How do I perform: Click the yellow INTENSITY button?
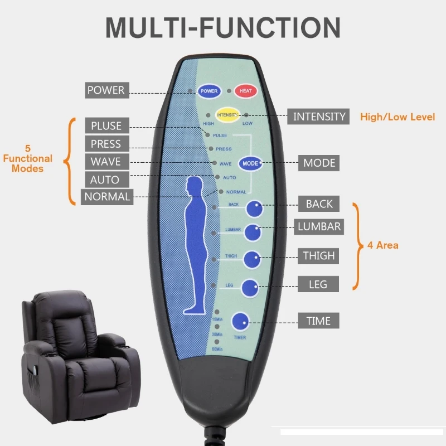[227, 115]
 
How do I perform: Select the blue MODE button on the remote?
[251, 163]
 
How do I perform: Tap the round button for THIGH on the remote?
[251, 259]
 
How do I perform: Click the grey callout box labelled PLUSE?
[106, 126]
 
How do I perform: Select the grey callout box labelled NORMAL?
[106, 197]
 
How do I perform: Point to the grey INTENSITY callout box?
[319, 117]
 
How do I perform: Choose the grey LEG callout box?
[318, 284]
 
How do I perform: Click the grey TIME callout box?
[318, 321]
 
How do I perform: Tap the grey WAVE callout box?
[106, 162]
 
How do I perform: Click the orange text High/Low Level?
[397, 117]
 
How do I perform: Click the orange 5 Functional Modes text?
[28, 159]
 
